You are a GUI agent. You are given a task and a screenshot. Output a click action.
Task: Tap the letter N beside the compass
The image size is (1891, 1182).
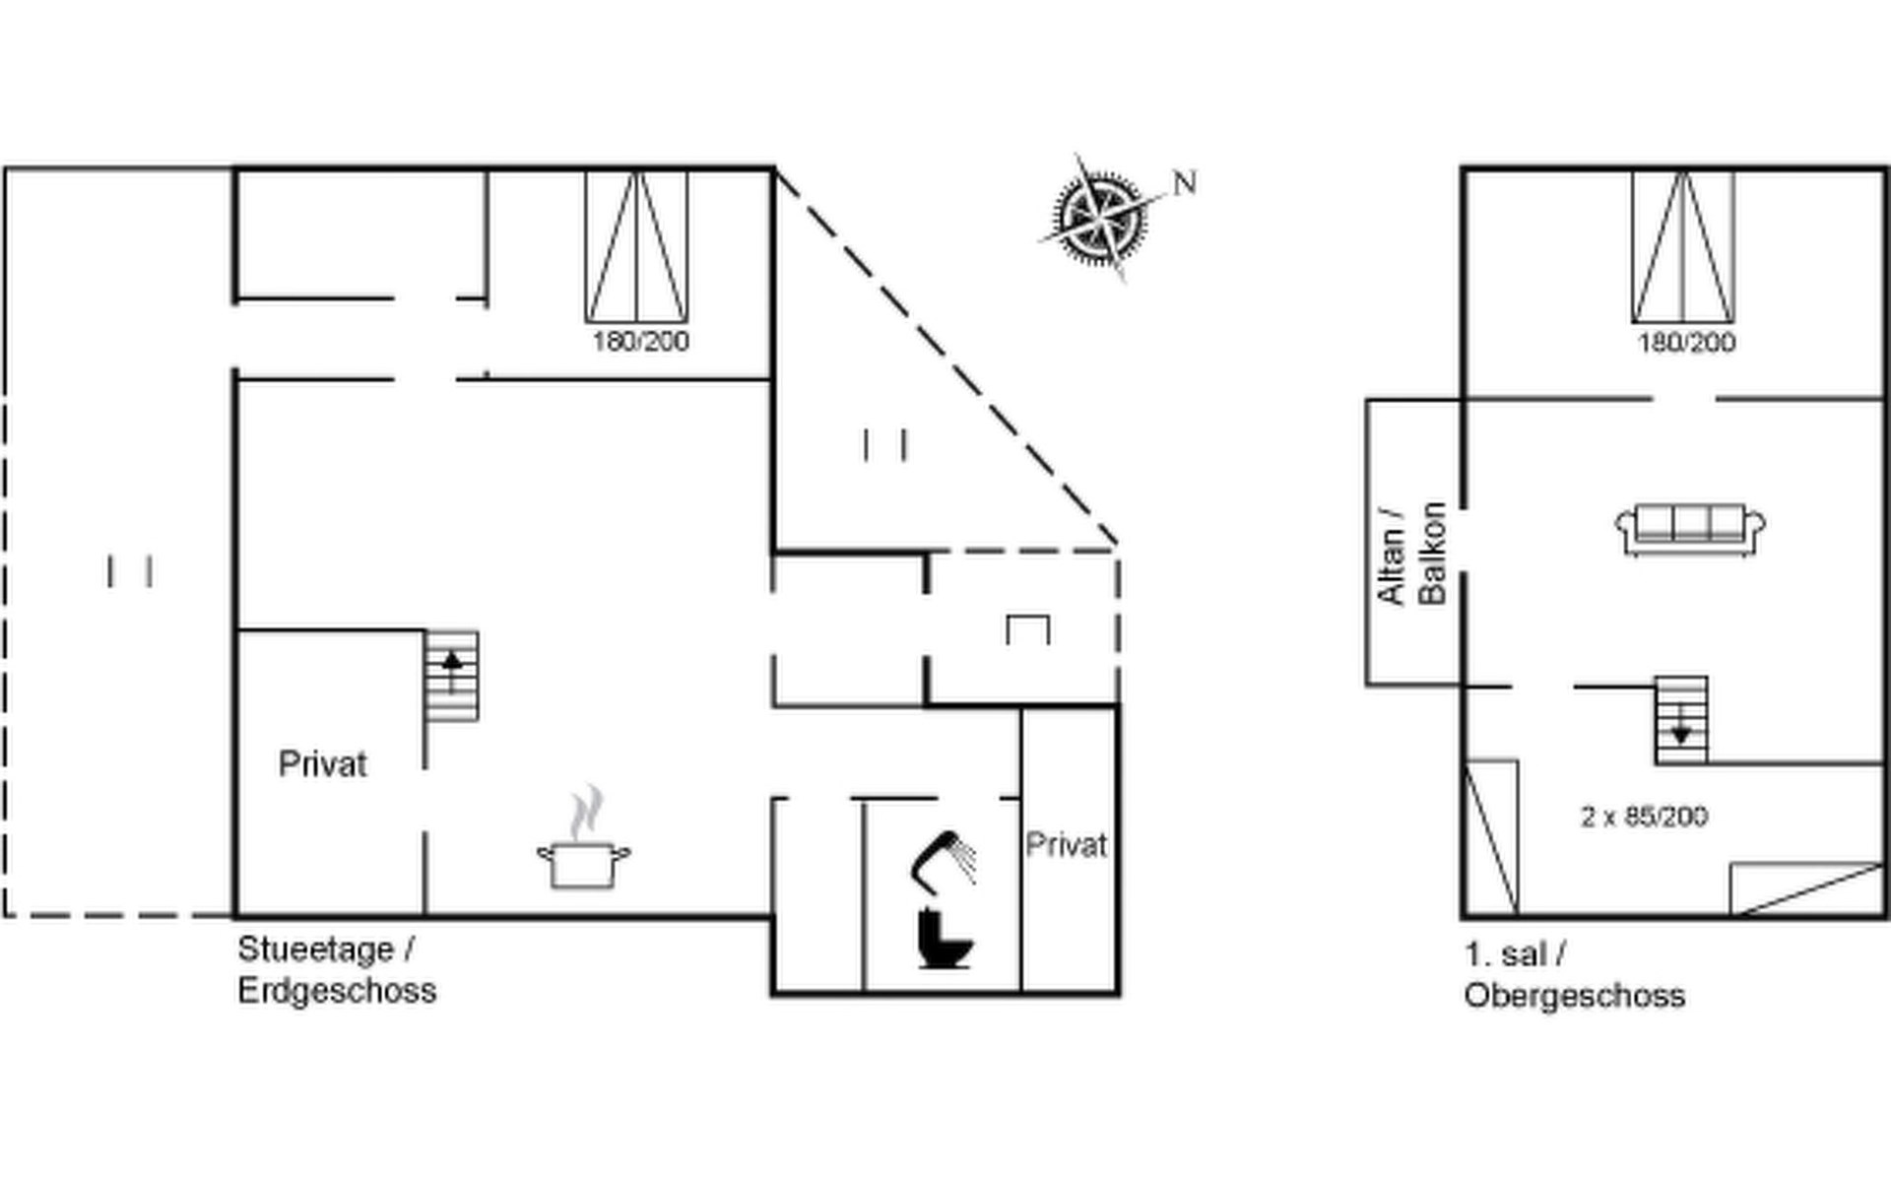(x=1185, y=182)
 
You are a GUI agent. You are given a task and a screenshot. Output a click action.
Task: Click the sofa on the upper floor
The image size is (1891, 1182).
(x=1690, y=530)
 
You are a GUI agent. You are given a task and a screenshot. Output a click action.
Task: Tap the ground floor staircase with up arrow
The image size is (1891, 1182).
(x=452, y=677)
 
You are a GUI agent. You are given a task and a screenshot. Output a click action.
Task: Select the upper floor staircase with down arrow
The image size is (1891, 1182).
(x=1681, y=720)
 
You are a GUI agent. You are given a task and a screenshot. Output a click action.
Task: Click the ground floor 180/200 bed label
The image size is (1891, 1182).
(x=640, y=342)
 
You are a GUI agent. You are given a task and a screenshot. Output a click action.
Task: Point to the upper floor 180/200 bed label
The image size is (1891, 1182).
(x=1686, y=343)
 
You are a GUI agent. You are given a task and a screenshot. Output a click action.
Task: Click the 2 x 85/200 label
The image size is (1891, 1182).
(x=1644, y=817)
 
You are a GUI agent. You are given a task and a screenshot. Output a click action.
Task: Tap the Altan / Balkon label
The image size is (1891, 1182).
(x=1412, y=554)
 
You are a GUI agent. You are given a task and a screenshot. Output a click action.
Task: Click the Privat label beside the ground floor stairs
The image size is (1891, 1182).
(x=322, y=764)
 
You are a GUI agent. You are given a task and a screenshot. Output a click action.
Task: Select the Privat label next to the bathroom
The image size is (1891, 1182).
(x=1067, y=845)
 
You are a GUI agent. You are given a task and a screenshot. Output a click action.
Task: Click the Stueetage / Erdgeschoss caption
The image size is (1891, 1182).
(x=337, y=969)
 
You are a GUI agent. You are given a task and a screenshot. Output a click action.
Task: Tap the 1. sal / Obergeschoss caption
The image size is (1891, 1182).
(x=1574, y=975)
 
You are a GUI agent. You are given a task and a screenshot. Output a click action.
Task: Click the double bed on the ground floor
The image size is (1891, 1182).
(x=636, y=246)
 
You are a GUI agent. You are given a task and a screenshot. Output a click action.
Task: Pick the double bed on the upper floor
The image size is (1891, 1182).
(x=1682, y=246)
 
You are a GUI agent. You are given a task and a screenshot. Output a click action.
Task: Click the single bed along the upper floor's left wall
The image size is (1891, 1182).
(x=1491, y=837)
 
